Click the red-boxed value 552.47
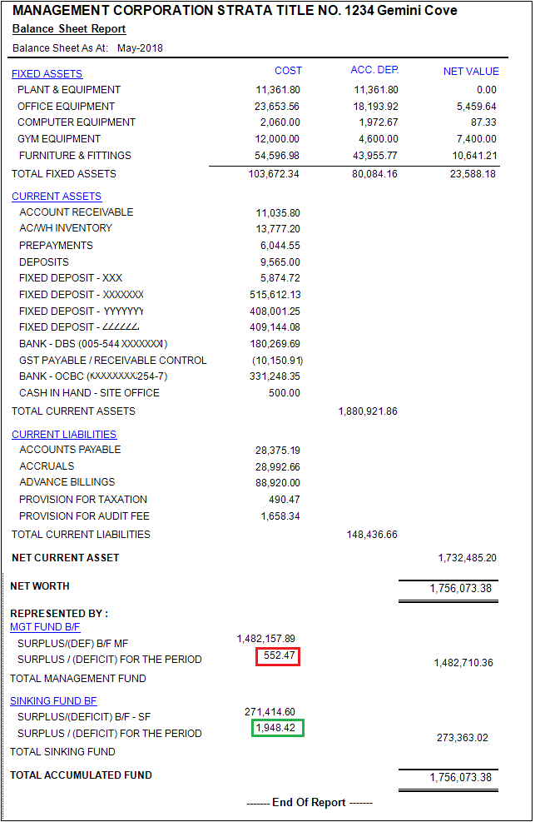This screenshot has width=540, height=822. pyautogui.click(x=278, y=656)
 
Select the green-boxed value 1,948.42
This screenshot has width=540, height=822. pyautogui.click(x=278, y=728)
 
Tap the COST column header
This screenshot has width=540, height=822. pyautogui.click(x=288, y=71)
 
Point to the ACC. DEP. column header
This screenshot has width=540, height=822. pyautogui.click(x=374, y=70)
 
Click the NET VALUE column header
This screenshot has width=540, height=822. pyautogui.click(x=471, y=72)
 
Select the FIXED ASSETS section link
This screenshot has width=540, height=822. pyautogui.click(x=47, y=74)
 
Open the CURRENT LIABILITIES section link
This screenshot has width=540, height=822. pyautogui.click(x=64, y=435)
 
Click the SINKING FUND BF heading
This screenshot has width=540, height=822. pyautogui.click(x=53, y=701)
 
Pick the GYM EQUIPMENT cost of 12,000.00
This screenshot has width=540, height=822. pyautogui.click(x=277, y=139)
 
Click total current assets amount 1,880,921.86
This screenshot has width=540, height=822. pyautogui.click(x=368, y=411)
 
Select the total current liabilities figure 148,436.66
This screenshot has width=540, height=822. pyautogui.click(x=372, y=535)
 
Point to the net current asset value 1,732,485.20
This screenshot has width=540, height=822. pyautogui.click(x=467, y=558)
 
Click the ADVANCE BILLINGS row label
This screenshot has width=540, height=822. pyautogui.click(x=67, y=482)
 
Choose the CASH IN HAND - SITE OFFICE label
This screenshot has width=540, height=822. pyautogui.click(x=89, y=393)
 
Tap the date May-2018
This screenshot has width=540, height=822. pyautogui.click(x=140, y=48)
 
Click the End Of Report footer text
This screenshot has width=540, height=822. pyautogui.click(x=309, y=803)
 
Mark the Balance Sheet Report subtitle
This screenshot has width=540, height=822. pyautogui.click(x=69, y=28)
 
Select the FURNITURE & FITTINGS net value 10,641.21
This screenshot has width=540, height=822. pyautogui.click(x=474, y=156)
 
